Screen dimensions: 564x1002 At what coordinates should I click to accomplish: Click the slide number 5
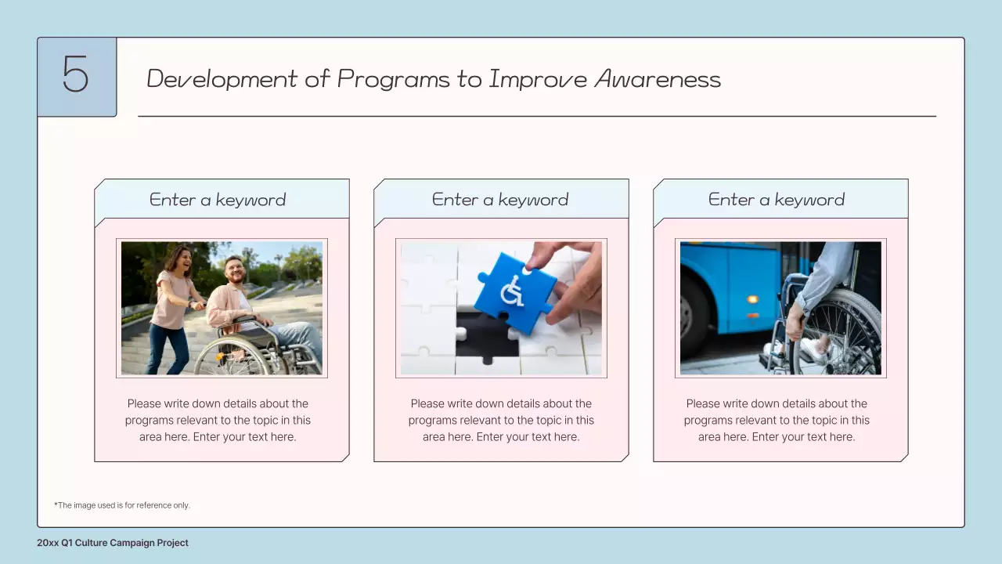pyautogui.click(x=76, y=76)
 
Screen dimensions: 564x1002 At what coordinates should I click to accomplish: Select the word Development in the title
pyautogui.click(x=222, y=79)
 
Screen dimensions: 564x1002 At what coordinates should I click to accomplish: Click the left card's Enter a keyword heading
pyautogui.click(x=218, y=200)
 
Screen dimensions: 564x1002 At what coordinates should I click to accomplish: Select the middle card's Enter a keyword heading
pyautogui.click(x=500, y=200)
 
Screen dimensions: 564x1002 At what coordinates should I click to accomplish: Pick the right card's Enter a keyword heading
pyautogui.click(x=777, y=200)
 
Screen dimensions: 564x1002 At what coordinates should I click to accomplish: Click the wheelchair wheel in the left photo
pyautogui.click(x=232, y=357)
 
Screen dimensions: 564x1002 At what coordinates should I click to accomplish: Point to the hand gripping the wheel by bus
pyautogui.click(x=795, y=320)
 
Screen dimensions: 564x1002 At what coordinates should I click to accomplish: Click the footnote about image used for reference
pyautogui.click(x=122, y=505)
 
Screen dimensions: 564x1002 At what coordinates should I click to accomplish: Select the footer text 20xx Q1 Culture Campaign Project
pyautogui.click(x=113, y=543)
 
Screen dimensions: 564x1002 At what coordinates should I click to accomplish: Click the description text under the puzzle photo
pyautogui.click(x=501, y=421)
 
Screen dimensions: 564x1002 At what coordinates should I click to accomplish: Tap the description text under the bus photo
pyautogui.click(x=777, y=421)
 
